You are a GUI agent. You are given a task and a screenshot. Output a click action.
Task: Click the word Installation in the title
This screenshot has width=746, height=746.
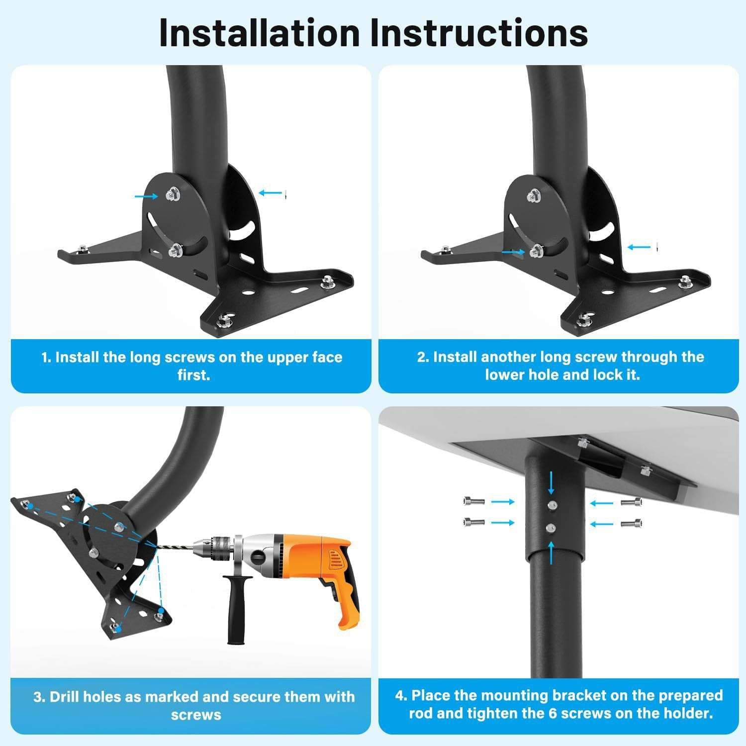pos(259,33)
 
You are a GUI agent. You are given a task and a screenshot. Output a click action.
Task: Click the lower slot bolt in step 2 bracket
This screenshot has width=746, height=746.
pos(536,252)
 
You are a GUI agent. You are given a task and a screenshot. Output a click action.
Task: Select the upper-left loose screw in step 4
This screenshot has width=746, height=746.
pos(473,501)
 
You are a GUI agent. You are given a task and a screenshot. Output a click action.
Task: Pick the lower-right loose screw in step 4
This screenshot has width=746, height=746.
pos(631,523)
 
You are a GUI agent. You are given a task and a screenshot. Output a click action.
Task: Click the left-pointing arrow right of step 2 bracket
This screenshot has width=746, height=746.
pos(639,247)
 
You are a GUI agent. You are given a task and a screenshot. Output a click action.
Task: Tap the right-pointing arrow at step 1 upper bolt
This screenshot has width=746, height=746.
pos(146,196)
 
